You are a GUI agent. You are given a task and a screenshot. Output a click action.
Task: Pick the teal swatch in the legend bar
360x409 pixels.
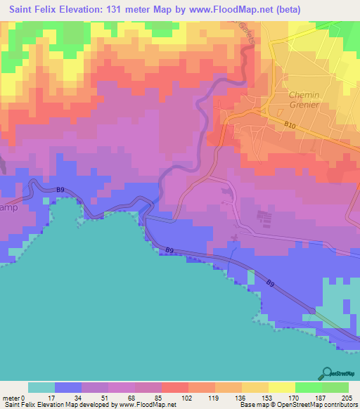click(x=41, y=387)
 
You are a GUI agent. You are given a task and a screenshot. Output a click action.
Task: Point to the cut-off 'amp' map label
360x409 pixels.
click(x=8, y=209)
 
